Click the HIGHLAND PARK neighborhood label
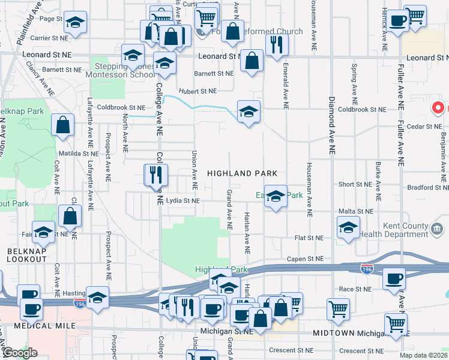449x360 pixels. (242, 173)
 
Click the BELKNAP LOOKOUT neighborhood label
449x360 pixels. (26, 254)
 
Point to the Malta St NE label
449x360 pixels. (357, 211)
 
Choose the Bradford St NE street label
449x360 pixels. (424, 187)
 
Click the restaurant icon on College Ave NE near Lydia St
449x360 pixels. (154, 175)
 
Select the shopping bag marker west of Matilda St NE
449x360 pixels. (62, 125)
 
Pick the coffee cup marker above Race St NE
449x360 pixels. (394, 278)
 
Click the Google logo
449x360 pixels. (19, 353)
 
